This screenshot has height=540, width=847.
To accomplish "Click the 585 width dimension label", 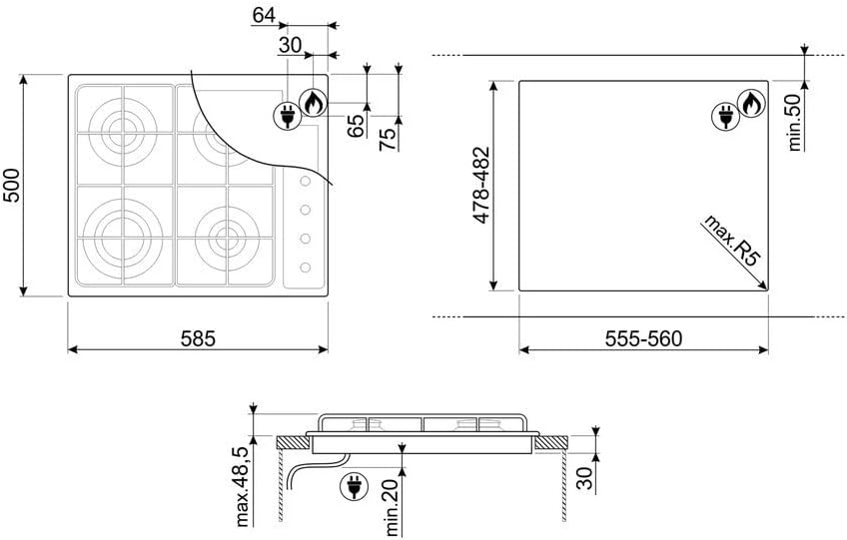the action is click(x=198, y=338).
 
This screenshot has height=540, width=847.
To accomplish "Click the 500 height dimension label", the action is click(x=11, y=186).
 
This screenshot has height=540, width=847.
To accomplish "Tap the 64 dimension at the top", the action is click(x=264, y=16).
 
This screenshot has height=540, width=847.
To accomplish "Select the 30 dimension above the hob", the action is click(x=290, y=45).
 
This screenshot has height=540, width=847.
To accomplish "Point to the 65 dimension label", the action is click(x=356, y=126).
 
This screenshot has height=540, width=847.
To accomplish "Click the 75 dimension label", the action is click(x=388, y=139).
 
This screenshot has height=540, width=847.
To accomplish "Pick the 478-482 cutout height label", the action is click(x=481, y=185).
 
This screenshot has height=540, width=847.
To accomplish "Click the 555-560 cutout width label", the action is click(x=643, y=338).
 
